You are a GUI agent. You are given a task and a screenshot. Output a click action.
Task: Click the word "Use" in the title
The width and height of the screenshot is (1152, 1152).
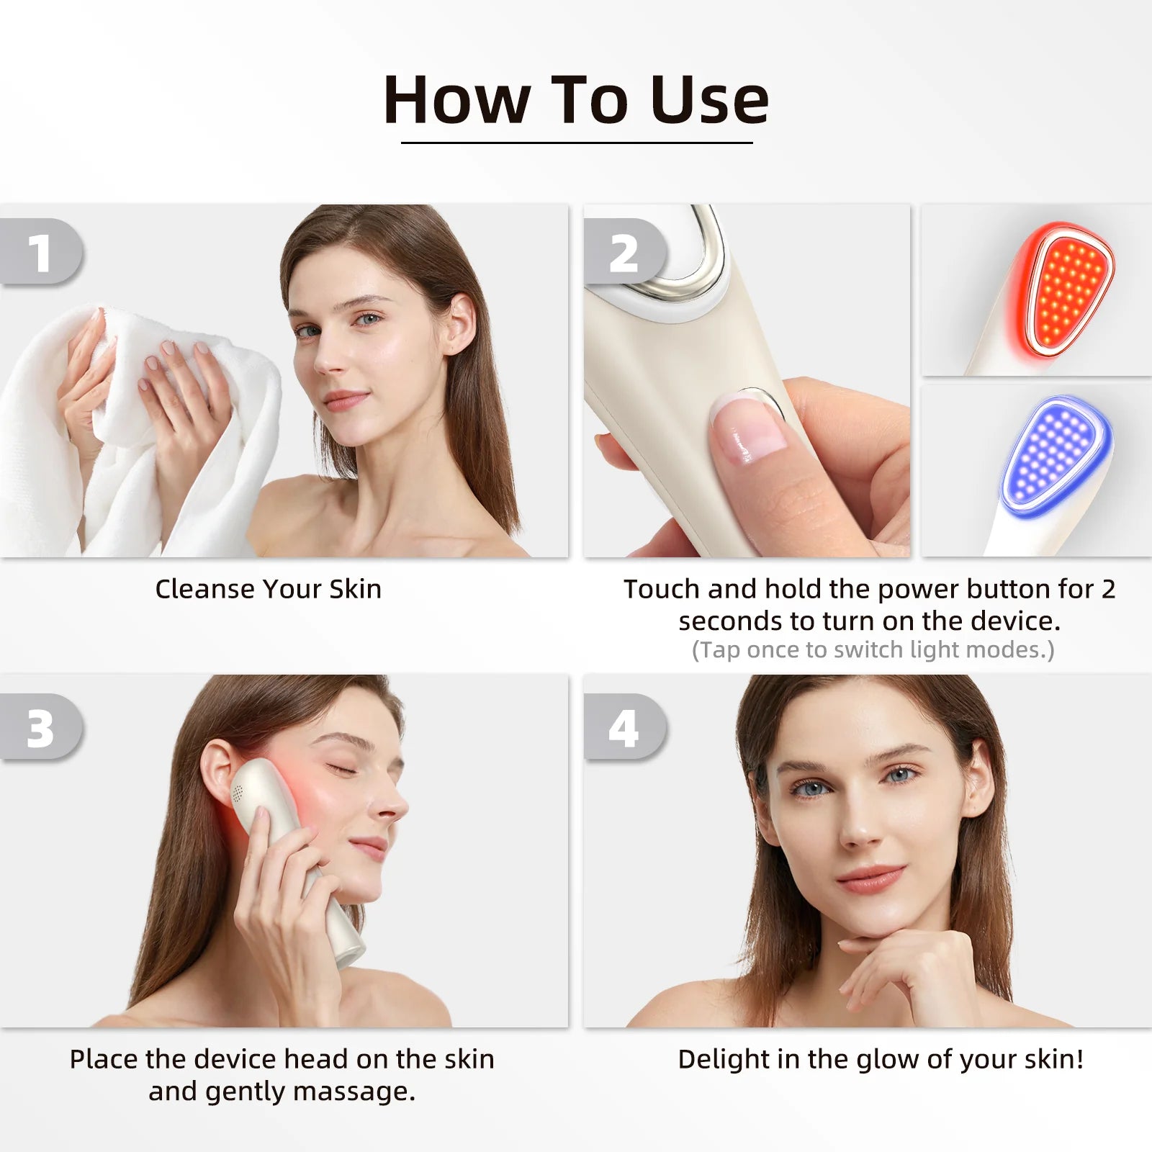(709, 99)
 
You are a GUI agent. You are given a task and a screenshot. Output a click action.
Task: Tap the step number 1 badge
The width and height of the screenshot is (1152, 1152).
(42, 251)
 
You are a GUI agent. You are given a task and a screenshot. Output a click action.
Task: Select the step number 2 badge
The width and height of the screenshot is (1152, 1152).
(625, 251)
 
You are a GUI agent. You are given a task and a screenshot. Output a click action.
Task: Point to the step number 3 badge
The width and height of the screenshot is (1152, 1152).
(42, 727)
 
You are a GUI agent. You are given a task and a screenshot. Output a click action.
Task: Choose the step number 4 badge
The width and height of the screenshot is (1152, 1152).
(625, 727)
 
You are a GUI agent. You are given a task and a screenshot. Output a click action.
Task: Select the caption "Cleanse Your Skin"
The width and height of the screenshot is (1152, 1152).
(268, 589)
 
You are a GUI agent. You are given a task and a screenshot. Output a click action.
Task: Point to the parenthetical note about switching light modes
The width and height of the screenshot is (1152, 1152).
(873, 650)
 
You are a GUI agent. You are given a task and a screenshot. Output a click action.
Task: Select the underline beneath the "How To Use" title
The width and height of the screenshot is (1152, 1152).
(577, 143)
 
